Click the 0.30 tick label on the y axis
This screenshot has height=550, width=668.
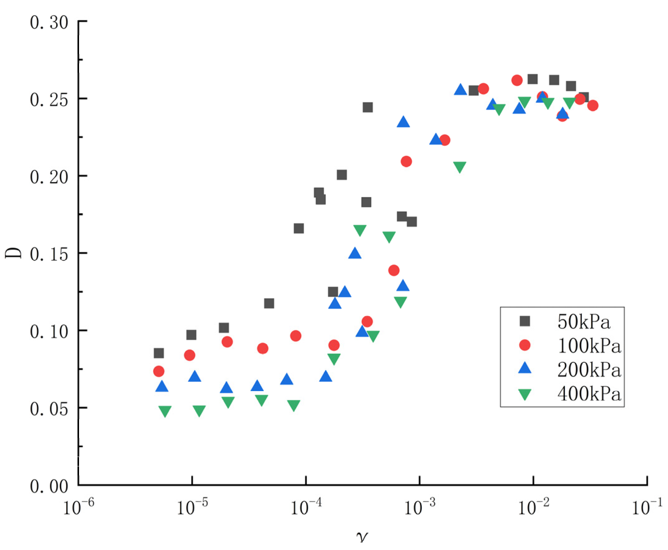coord(49,23)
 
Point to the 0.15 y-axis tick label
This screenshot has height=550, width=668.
coord(49,255)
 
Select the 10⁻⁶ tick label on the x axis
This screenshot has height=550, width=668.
coord(78,507)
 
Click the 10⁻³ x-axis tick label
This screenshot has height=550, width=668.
coord(419,507)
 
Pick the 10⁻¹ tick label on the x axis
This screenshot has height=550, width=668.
coord(647,507)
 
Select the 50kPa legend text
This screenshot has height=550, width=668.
coord(583,322)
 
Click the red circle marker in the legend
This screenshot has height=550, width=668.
coord(525,345)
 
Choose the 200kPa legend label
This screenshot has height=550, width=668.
coord(589,370)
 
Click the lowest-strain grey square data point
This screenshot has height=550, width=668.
coord(158,353)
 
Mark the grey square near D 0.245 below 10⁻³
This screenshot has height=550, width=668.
coord(367,107)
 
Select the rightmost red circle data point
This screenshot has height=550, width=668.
coord(592,106)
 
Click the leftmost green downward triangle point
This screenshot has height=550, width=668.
coord(165,411)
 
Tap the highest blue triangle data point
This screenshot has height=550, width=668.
coord(460,90)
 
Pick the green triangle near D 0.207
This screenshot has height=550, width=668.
coord(460,167)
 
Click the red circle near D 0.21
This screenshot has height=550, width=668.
coord(406,162)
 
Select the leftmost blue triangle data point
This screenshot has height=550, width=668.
coord(162,386)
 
